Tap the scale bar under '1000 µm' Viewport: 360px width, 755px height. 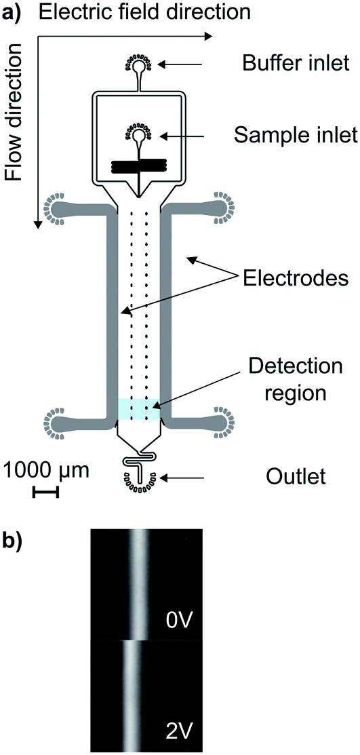[45, 492]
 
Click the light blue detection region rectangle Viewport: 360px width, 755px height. [139, 409]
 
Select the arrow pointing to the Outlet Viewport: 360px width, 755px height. [184, 478]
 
